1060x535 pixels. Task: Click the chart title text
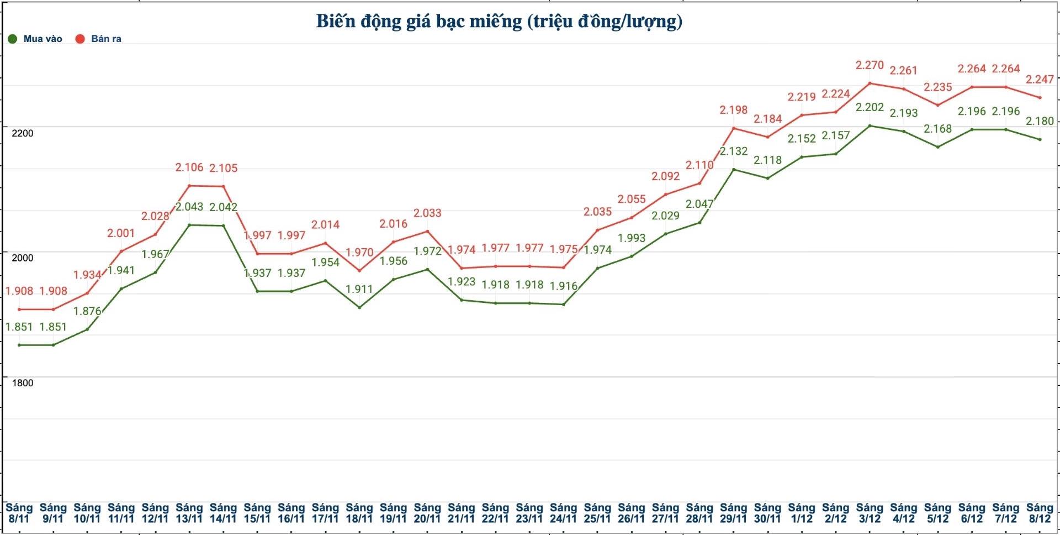pyautogui.click(x=499, y=22)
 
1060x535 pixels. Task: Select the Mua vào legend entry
pyautogui.click(x=36, y=39)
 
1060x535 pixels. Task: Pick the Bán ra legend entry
pyautogui.click(x=99, y=39)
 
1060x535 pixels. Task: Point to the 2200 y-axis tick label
pyautogui.click(x=23, y=133)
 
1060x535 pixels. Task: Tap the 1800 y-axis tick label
pyautogui.click(x=23, y=383)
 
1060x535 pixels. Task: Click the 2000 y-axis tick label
pyautogui.click(x=23, y=258)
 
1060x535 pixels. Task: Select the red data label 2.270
pyautogui.click(x=870, y=65)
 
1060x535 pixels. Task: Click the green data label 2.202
pyautogui.click(x=870, y=107)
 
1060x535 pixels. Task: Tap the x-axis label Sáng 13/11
pyautogui.click(x=189, y=513)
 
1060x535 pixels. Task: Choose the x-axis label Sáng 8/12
pyautogui.click(x=1040, y=513)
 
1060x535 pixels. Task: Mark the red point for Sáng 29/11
pyautogui.click(x=734, y=129)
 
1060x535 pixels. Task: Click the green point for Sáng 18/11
pyautogui.click(x=359, y=307)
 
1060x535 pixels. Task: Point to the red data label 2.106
pyautogui.click(x=189, y=167)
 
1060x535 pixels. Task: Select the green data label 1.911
pyautogui.click(x=359, y=289)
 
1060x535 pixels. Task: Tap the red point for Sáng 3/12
pyautogui.click(x=870, y=83)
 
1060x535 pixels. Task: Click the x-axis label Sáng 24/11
pyautogui.click(x=563, y=513)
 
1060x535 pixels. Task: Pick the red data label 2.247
pyautogui.click(x=1040, y=80)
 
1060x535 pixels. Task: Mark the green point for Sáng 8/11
pyautogui.click(x=19, y=345)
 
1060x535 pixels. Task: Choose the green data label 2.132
pyautogui.click(x=734, y=151)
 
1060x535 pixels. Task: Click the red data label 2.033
pyautogui.click(x=427, y=213)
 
